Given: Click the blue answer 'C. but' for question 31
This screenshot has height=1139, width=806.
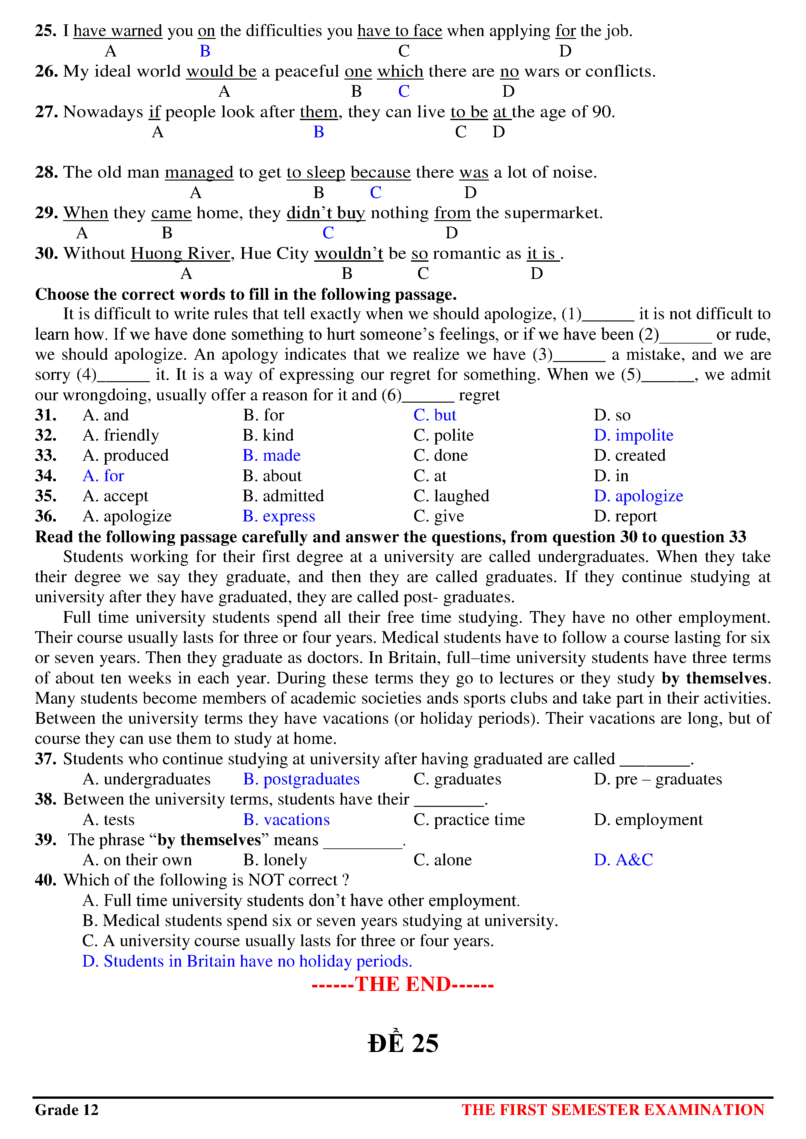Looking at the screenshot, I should point(435,415).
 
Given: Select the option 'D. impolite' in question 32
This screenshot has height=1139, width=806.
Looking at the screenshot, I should point(633,435).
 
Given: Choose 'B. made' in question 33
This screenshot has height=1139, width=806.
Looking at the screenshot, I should point(272,456).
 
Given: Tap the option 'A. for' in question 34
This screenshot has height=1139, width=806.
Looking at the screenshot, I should point(103,476).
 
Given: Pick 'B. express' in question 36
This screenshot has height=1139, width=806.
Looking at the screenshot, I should point(278,517).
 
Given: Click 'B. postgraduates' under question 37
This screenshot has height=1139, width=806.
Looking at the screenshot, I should point(301,779).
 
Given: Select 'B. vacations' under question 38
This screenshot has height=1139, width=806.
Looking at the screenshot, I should point(286,820).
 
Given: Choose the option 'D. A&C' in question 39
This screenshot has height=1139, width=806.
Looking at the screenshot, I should point(623,860).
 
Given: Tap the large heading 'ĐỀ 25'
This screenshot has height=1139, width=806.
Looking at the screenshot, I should point(403,1043).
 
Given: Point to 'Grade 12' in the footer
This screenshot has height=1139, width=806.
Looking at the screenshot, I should point(67,1110).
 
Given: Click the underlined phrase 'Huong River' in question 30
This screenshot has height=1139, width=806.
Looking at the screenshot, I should point(181,254).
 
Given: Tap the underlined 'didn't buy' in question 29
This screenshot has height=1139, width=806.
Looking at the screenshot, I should point(326,213).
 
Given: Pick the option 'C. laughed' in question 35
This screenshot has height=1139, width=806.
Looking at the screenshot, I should point(451,496).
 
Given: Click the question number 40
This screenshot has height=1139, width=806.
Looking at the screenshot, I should point(46,880).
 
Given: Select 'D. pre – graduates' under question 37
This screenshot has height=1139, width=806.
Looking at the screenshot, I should point(658,779).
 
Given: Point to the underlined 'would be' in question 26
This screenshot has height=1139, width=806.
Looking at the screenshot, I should point(221,71).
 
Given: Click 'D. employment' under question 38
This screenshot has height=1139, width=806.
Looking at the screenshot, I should point(648,820).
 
